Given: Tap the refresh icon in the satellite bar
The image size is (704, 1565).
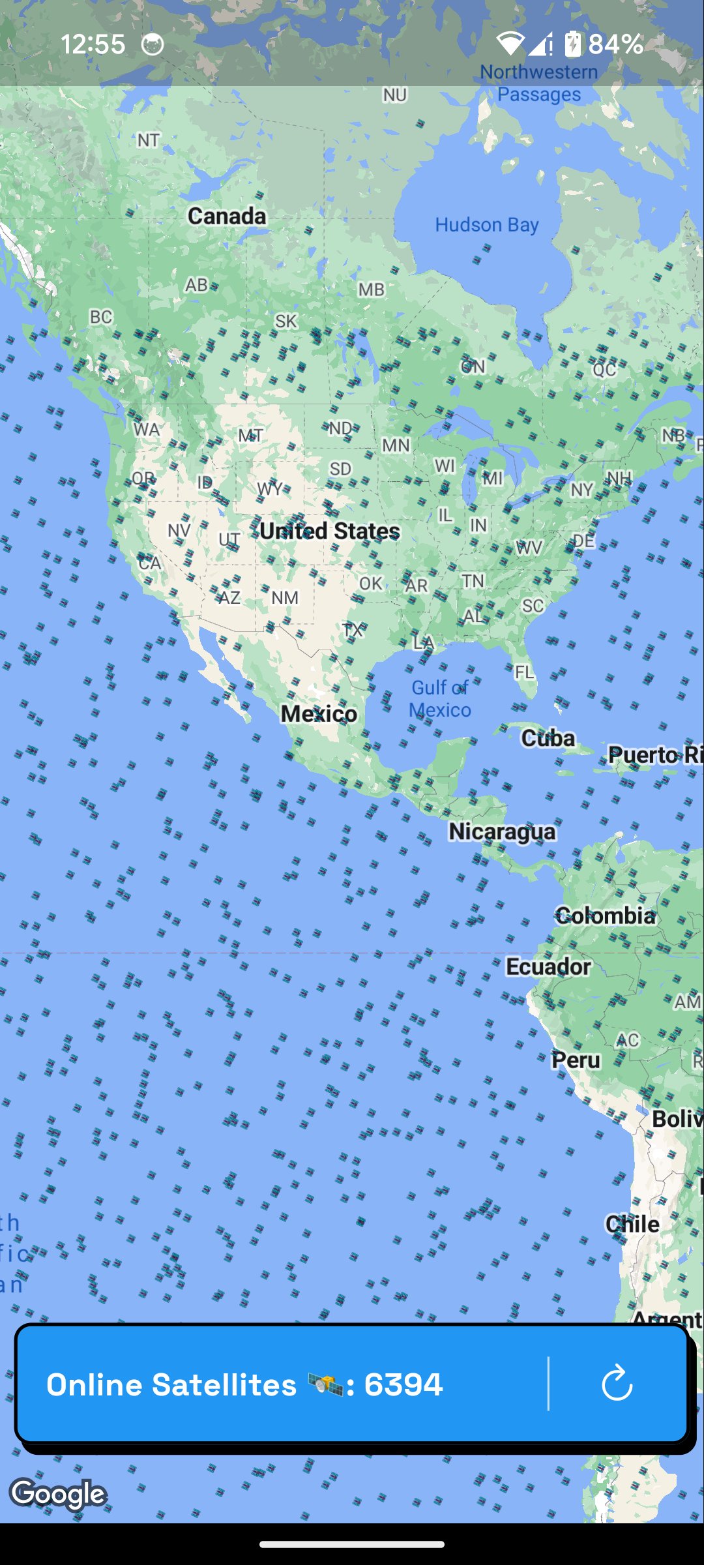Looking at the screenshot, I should pos(617,1384).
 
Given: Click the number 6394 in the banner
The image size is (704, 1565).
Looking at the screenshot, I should pos(403,1384).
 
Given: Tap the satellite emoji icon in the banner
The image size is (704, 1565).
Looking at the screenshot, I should pos(325,1384).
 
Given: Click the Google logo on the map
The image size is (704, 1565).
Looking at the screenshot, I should pos(59,1493).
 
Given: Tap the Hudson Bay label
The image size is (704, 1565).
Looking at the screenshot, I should pos(486,225).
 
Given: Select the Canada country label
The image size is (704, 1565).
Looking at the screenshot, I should pos(227,216).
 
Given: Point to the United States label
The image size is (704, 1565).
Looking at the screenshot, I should pos(329,531).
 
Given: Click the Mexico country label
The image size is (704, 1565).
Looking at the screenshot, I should pos(319,713).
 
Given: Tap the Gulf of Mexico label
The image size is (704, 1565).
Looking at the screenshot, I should pos(440,698).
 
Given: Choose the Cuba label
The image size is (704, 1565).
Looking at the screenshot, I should pos(548,738).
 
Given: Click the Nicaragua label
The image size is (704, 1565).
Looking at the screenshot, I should pos(502,831).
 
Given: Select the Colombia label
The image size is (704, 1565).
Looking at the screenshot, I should pos(605,916).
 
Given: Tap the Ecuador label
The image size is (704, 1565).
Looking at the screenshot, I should pos(548,966).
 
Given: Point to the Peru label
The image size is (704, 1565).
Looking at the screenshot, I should pos(576,1060).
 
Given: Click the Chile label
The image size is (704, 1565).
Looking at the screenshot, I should pos(632,1224).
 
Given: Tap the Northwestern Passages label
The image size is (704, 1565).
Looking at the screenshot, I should pos(539,83).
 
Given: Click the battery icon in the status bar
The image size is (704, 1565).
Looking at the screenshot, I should pos(572,44).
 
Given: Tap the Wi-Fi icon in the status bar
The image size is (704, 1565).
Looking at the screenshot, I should pos(510,44).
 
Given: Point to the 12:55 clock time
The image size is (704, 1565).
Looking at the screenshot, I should pos(93,44).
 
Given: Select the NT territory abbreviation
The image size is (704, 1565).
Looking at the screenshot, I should pos(148,140).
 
